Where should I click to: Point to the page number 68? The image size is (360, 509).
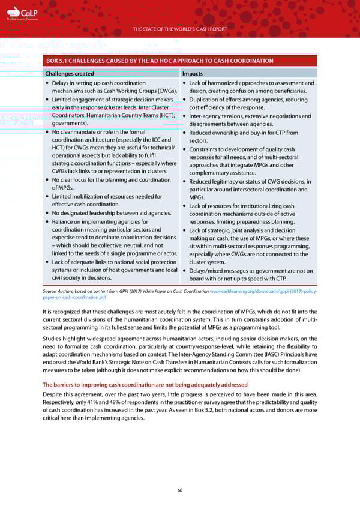pos(180,489)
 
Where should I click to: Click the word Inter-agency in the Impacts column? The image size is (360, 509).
pos(207,116)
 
